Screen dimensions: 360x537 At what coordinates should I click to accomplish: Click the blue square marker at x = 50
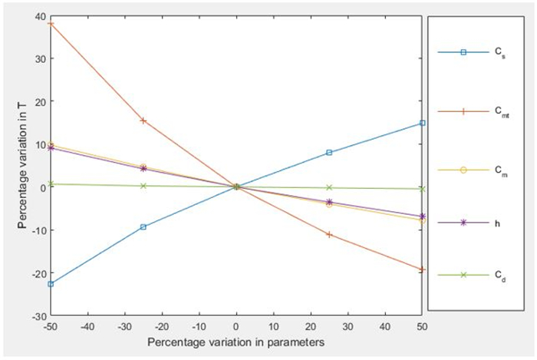pos(422,123)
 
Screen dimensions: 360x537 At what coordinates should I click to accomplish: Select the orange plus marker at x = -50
pos(51,24)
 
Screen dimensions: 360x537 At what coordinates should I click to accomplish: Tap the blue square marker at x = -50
pos(51,284)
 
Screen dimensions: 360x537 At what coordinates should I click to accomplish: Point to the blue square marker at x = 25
pos(329,153)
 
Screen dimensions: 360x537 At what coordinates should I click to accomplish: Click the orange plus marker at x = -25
pos(143,121)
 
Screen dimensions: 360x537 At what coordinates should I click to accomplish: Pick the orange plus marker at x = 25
pos(329,234)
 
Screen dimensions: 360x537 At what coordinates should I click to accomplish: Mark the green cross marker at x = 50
pos(422,189)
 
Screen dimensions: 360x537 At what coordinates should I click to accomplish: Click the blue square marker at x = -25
pos(143,226)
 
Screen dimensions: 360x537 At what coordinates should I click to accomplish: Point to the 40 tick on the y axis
pos(41,15)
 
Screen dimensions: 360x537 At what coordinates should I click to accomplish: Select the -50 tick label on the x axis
pos(51,326)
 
